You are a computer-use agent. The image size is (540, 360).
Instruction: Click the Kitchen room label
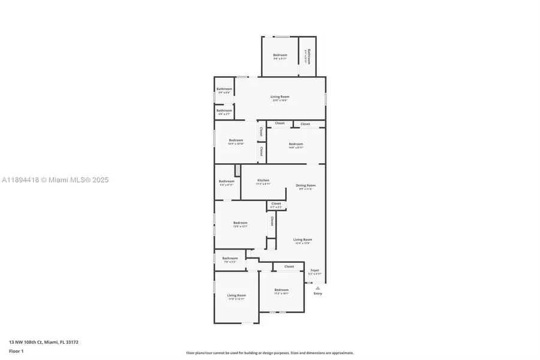pyautogui.click(x=263, y=180)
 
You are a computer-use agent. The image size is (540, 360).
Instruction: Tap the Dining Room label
pyautogui.click(x=305, y=185)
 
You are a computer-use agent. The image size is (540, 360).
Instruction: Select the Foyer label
pyautogui.click(x=314, y=271)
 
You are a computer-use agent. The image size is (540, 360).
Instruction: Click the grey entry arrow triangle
pyautogui.click(x=317, y=288)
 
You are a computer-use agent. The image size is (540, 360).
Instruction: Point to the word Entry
pyautogui.click(x=317, y=293)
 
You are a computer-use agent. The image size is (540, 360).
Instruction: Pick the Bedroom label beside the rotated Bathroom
pyautogui.click(x=280, y=55)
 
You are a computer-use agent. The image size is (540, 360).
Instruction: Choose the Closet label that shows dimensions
pyautogui.click(x=276, y=204)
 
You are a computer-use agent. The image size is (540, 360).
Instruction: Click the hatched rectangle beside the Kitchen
pyautogui.click(x=238, y=170)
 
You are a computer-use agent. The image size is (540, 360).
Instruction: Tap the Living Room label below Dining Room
pyautogui.click(x=303, y=239)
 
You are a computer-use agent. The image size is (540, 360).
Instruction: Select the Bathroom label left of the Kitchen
pyautogui.click(x=226, y=181)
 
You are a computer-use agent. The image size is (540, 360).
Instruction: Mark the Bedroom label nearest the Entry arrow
pyautogui.click(x=281, y=290)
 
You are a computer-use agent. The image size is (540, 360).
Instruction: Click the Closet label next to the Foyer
pyautogui.click(x=289, y=266)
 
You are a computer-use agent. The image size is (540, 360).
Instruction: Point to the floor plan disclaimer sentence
pyautogui.click(x=269, y=353)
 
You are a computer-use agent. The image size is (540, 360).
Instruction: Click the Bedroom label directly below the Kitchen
pyautogui.click(x=240, y=223)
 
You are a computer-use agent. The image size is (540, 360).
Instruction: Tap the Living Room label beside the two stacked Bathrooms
pyautogui.click(x=280, y=97)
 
